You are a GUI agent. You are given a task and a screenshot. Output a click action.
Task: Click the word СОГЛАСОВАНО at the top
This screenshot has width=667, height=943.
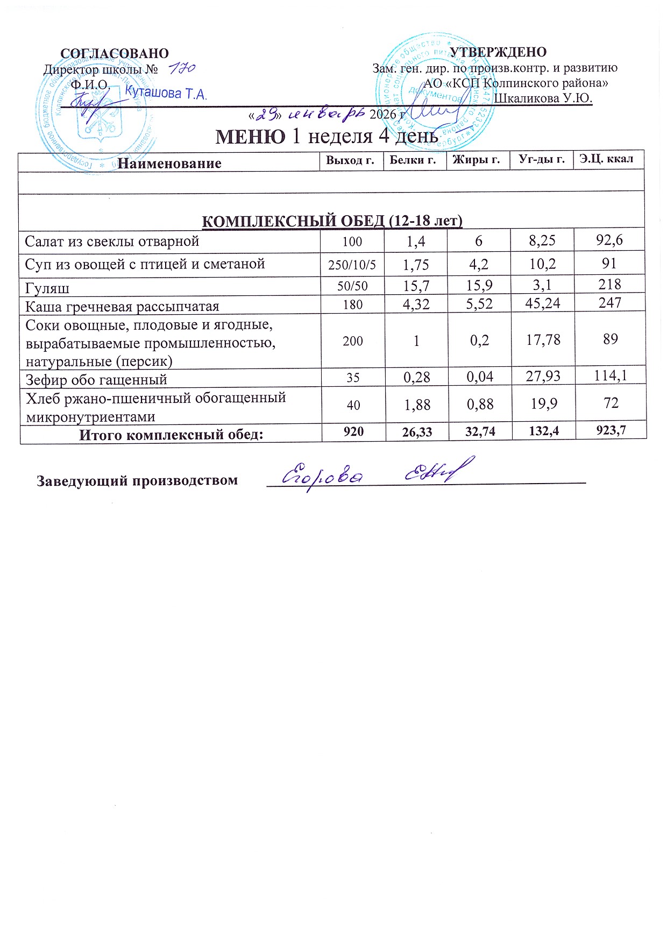pos(115,53)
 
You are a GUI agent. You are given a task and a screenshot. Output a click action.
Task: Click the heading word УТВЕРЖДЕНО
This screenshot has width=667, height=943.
pos(498,52)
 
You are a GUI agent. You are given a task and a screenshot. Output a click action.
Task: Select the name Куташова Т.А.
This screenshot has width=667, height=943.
pos(166,93)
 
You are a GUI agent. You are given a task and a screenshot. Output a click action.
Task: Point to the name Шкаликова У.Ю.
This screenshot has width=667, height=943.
pos(543,98)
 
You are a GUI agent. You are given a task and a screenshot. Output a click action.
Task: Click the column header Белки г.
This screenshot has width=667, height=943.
pos(413,160)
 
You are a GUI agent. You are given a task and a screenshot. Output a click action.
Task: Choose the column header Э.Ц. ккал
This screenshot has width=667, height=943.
pos(606,159)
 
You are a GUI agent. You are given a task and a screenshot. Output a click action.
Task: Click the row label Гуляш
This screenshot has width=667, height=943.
pos(47,288)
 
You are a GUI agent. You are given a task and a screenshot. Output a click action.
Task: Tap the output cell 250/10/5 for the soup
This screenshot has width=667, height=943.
pos(352,265)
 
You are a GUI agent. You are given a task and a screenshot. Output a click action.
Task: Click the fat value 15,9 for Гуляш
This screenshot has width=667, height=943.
pos(478,285)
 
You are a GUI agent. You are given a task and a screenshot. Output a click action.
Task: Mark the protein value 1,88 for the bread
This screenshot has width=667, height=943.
pos(416,405)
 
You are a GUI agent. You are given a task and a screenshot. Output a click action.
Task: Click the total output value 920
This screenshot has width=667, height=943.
pos(353,431)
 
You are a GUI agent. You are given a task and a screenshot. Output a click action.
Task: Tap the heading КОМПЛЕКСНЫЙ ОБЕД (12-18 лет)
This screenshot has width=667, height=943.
pos(332,221)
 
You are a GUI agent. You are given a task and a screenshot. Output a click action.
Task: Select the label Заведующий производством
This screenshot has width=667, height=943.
pos(137,480)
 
